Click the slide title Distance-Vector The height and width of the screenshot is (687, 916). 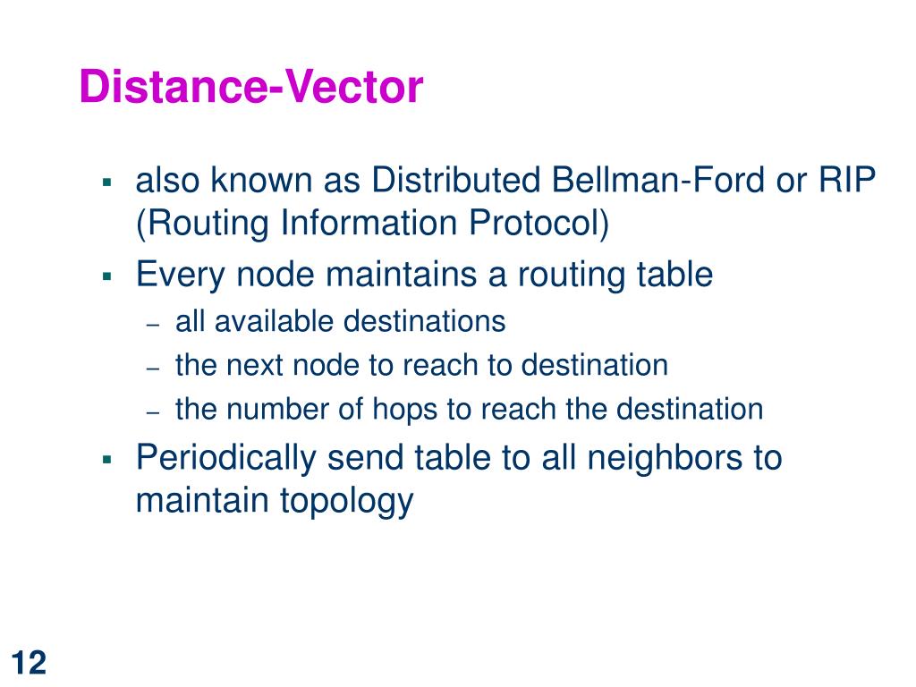click(250, 88)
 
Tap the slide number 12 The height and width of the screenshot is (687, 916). click(30, 663)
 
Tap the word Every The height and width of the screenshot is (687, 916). click(182, 275)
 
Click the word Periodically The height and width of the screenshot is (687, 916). click(226, 458)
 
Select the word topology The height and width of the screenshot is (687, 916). click(346, 501)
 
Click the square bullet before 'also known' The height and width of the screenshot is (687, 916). click(106, 182)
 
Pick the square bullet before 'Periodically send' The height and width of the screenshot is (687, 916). click(106, 459)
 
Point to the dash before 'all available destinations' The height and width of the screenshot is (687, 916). click(153, 323)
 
